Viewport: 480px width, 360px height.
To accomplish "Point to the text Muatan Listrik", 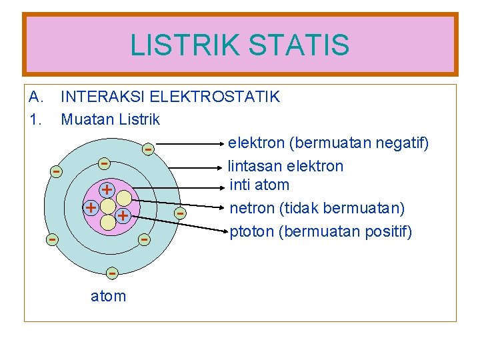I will click(110, 120).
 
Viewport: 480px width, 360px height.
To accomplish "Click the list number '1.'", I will click(35, 120).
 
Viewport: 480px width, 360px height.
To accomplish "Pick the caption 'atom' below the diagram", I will click(108, 296).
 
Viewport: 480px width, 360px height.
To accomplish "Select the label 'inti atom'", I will click(259, 185).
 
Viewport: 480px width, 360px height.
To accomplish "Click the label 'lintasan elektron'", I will click(285, 166).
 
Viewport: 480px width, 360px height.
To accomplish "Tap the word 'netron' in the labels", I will click(253, 208).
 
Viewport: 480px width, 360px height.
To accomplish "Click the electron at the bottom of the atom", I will click(112, 273).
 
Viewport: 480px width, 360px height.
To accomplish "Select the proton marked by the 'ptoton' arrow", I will click(122, 216).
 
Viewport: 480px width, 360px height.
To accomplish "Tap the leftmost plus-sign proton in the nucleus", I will click(90, 207).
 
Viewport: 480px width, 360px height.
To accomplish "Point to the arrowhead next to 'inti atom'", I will click(222, 187).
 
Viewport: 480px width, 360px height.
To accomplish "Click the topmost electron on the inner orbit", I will click(104, 163).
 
